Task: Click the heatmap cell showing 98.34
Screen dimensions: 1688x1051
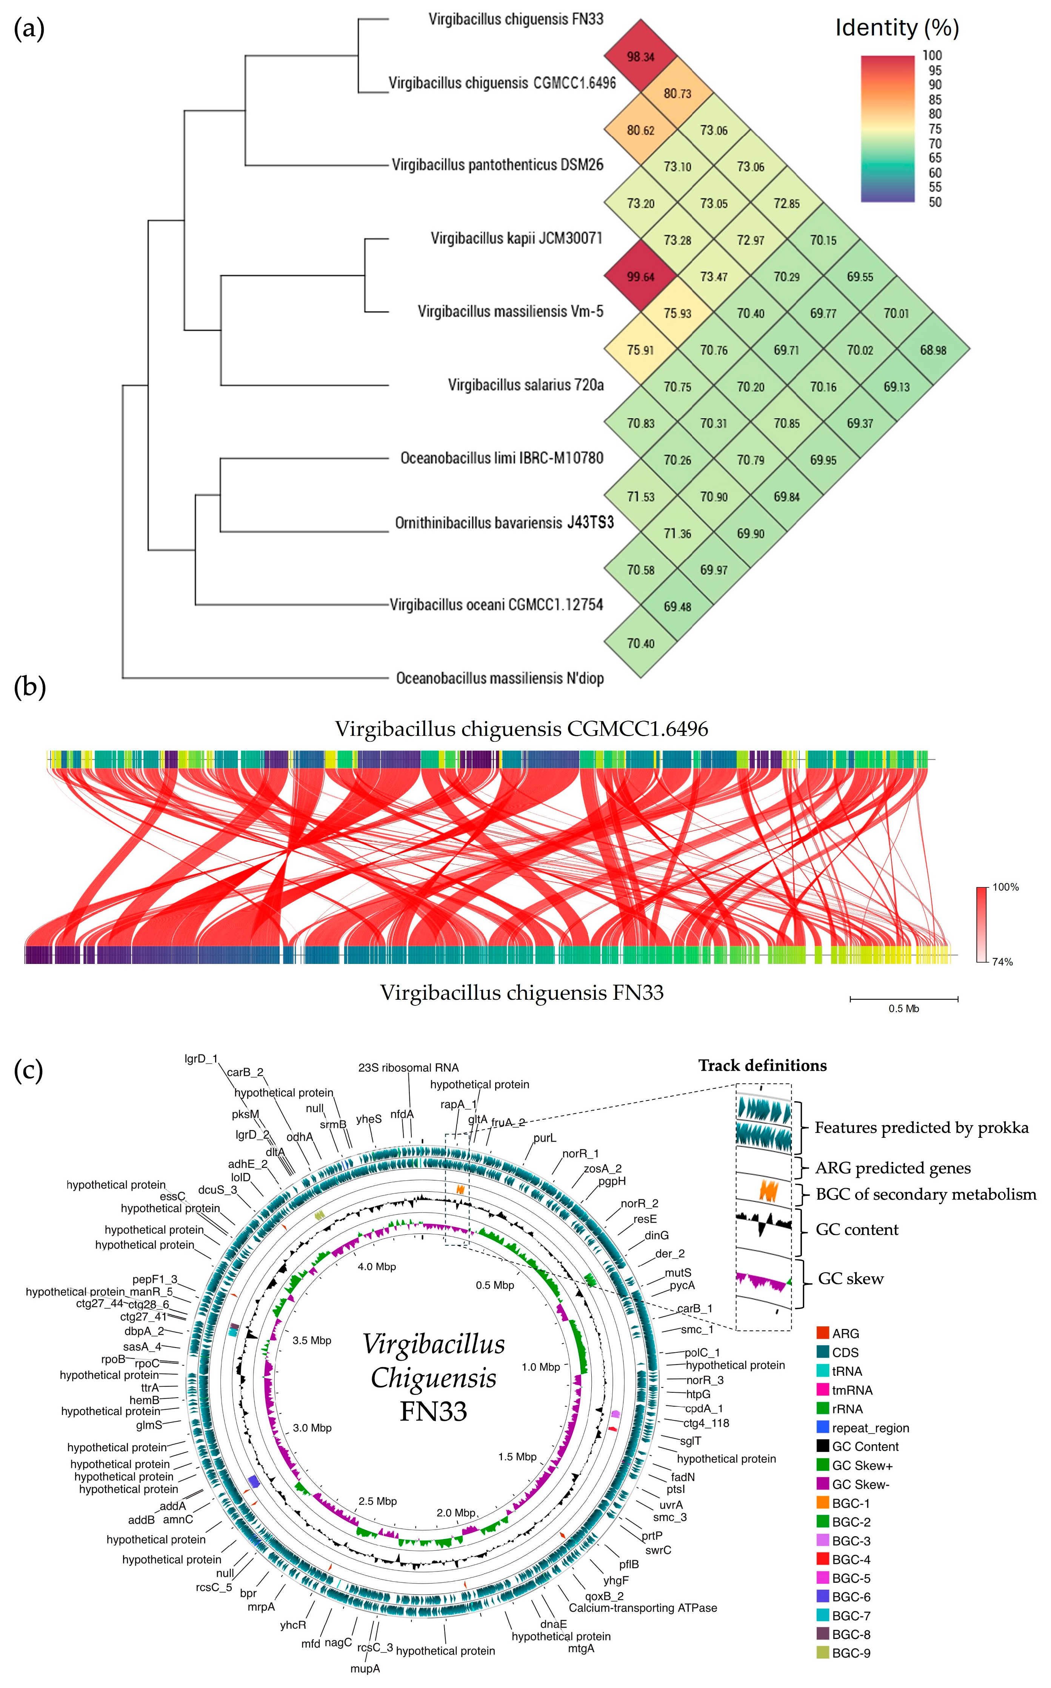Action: click(x=640, y=56)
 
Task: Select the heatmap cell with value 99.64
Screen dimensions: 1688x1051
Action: click(x=640, y=276)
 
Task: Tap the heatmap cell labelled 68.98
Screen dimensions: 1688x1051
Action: click(x=933, y=350)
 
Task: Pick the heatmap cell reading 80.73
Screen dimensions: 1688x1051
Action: click(x=677, y=93)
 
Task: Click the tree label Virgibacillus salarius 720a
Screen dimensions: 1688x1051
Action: click(x=525, y=385)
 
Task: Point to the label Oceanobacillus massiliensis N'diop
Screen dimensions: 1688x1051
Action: click(x=500, y=678)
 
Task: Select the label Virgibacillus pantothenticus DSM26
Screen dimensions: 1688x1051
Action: click(x=498, y=165)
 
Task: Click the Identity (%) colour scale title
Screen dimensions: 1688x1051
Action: click(x=897, y=28)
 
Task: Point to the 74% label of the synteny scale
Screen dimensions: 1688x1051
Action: click(x=1002, y=962)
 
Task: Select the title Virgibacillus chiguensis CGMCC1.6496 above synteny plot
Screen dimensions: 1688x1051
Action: click(x=521, y=729)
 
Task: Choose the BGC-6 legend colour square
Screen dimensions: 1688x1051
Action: click(x=823, y=1597)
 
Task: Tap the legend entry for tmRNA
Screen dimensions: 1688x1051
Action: click(x=851, y=1390)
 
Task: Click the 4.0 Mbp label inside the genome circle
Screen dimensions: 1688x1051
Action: click(x=377, y=1267)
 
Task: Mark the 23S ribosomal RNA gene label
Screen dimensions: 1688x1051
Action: click(x=409, y=1068)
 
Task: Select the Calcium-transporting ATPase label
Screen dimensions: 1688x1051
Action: click(x=643, y=1608)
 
